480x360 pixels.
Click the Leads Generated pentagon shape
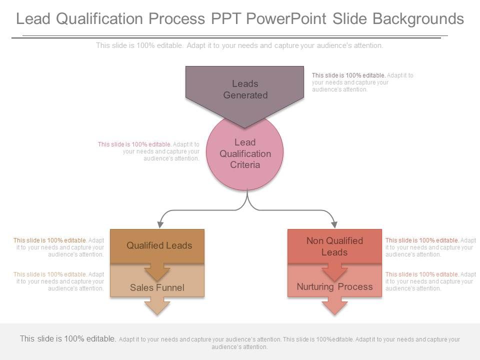coord(245,90)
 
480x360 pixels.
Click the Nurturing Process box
coord(334,286)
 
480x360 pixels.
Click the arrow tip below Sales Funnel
coord(157,310)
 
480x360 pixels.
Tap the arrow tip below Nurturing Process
coord(334,310)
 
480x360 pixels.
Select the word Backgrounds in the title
coord(418,19)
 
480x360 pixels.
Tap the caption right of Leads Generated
coord(362,82)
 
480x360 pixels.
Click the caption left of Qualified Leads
coord(59,247)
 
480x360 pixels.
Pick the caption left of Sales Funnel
coord(59,281)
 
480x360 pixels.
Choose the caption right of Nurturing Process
coord(430,281)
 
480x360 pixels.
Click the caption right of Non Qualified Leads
coord(430,247)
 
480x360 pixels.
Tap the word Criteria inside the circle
coord(245,165)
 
